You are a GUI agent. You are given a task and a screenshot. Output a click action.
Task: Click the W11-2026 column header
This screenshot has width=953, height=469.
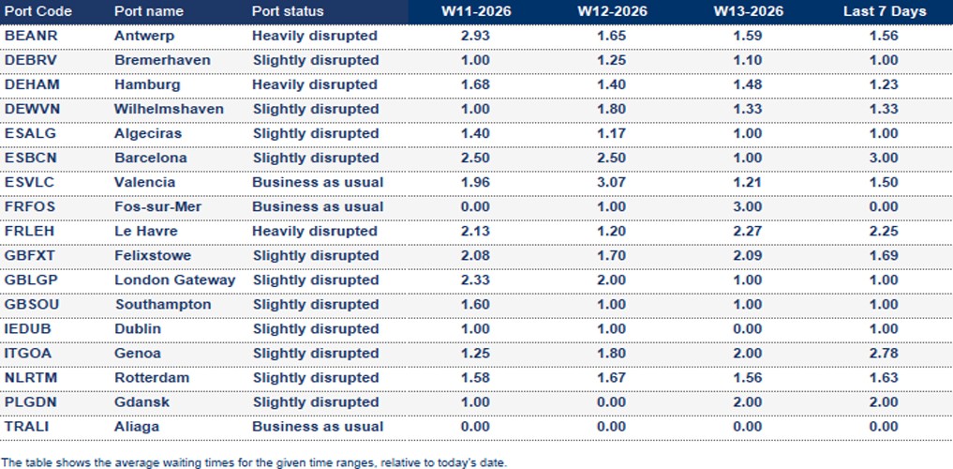[476, 11]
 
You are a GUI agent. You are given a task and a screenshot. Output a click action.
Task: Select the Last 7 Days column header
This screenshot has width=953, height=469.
[884, 11]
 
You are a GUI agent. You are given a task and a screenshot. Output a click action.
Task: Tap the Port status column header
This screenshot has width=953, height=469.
[288, 11]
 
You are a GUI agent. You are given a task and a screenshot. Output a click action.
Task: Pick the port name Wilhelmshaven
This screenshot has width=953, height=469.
[169, 109]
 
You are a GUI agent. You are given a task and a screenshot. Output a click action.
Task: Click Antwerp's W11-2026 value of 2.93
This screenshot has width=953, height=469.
[476, 36]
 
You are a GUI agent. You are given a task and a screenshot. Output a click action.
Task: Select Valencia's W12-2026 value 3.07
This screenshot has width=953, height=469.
[612, 182]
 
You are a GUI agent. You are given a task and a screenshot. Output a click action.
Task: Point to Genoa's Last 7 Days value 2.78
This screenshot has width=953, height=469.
[884, 353]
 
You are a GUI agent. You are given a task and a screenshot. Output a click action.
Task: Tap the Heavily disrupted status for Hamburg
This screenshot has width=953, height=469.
[314, 84]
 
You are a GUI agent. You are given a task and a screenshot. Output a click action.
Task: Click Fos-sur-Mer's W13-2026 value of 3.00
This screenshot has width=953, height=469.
[748, 206]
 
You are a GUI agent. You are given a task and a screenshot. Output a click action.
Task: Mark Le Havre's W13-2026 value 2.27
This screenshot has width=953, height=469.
[748, 231]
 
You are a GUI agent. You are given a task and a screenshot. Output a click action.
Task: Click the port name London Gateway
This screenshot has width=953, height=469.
[174, 280]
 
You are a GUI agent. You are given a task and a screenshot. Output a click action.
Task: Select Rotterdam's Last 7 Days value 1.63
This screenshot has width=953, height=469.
[884, 377]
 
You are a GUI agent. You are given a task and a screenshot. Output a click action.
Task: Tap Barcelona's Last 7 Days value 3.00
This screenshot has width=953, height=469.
[884, 158]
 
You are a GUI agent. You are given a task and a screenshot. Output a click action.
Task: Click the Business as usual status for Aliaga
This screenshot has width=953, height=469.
[318, 426]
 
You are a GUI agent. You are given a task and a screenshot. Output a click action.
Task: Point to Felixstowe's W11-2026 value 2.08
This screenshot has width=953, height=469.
[476, 255]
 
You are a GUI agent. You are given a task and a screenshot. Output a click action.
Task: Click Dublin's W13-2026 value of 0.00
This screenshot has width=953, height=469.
[748, 328]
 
